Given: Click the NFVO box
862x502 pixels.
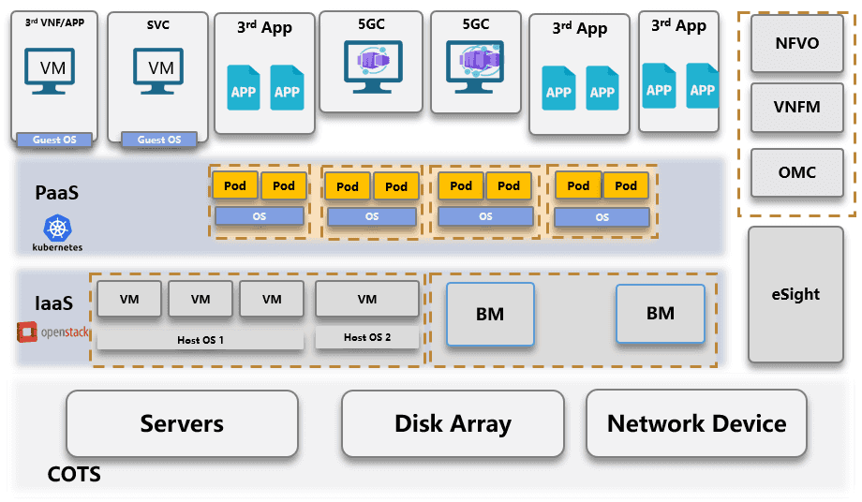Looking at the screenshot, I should [796, 43].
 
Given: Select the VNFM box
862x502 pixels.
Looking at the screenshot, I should [796, 107].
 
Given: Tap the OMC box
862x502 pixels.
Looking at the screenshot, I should [796, 172].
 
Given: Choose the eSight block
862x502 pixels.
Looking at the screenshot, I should [795, 294].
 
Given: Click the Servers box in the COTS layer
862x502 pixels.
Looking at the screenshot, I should [182, 423].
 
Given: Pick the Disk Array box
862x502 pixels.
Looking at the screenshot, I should [453, 423].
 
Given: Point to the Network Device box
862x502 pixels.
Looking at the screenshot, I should [696, 423].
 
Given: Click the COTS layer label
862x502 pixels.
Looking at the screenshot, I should [74, 475].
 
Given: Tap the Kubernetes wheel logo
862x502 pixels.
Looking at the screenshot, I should [57, 228].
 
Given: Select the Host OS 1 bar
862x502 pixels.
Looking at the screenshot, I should [201, 339].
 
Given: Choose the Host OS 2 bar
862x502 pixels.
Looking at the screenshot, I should [367, 337].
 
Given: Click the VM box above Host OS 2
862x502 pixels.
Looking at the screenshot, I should [367, 299].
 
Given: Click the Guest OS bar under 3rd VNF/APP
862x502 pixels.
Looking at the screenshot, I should [54, 140].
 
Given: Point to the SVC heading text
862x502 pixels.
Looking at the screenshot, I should [158, 25].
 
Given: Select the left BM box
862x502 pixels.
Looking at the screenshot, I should [490, 314].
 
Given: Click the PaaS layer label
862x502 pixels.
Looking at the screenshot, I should [56, 193].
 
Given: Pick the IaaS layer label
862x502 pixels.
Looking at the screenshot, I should [53, 303].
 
